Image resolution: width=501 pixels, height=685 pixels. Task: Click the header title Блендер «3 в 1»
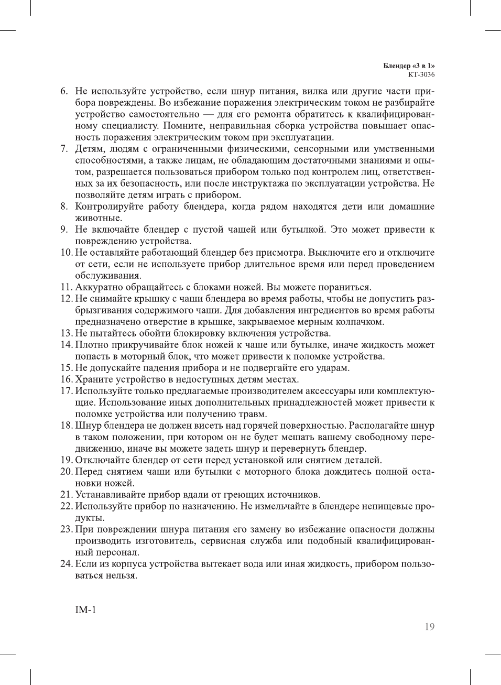click(x=409, y=66)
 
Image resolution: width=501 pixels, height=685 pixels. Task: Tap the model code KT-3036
click(x=421, y=74)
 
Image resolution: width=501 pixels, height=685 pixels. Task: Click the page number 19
click(x=429, y=627)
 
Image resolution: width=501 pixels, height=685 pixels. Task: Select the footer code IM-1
click(x=86, y=610)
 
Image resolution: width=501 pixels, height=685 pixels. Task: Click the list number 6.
click(x=64, y=91)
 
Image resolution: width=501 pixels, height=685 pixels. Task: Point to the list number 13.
click(x=66, y=333)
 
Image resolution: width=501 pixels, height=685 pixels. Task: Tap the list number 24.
click(x=66, y=564)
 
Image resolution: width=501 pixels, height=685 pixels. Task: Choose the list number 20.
click(x=66, y=472)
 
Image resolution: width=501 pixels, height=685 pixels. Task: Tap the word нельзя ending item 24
click(x=121, y=575)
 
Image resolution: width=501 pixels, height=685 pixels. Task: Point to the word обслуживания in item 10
click(x=107, y=276)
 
